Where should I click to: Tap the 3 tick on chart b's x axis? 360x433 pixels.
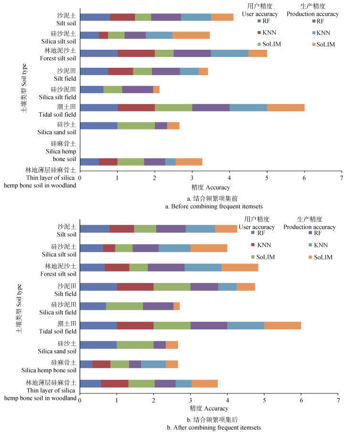190,400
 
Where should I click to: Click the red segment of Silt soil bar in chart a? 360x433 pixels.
122,17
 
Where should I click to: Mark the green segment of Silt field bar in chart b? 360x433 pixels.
172,286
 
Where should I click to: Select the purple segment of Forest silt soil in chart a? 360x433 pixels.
192,53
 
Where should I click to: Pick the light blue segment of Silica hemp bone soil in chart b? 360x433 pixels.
153,364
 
